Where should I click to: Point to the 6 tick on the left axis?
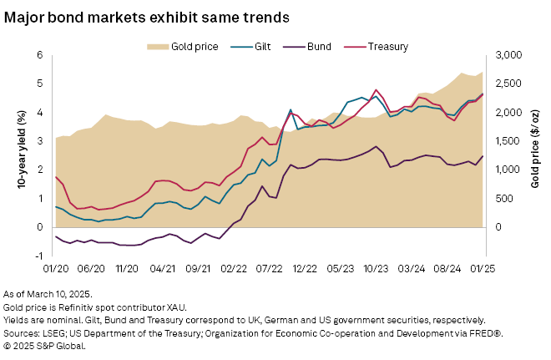[x=38, y=55]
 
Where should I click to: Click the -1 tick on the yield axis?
[x=37, y=256]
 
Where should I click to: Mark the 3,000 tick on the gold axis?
[x=508, y=55]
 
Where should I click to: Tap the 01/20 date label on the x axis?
[x=56, y=270]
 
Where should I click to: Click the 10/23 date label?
[x=377, y=270]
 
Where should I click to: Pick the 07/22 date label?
[x=270, y=270]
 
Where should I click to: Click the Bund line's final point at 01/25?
[x=483, y=156]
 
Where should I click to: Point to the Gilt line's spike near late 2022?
[x=291, y=109]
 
